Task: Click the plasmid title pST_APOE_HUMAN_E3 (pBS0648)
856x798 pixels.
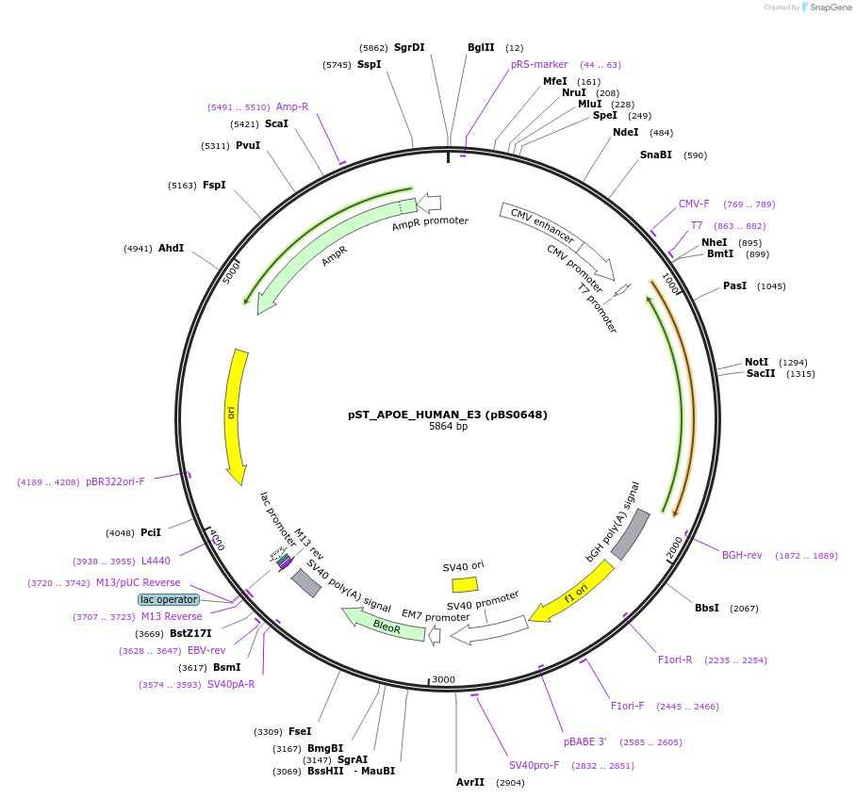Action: click(x=448, y=414)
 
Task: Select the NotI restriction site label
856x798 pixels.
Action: click(x=756, y=362)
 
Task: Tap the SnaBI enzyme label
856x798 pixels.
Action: click(x=655, y=155)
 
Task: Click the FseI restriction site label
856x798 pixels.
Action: click(x=300, y=731)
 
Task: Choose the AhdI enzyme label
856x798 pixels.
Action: click(x=171, y=249)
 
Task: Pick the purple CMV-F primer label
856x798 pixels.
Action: click(x=694, y=204)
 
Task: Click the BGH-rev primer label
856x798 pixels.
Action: click(x=742, y=555)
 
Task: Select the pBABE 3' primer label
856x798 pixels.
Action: click(x=584, y=741)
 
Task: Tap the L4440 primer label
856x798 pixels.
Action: click(x=156, y=561)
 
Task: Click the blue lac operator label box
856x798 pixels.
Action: click(x=169, y=599)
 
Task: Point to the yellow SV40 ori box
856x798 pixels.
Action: click(x=465, y=584)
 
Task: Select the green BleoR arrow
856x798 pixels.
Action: click(x=384, y=625)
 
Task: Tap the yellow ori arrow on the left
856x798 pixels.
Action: click(x=235, y=414)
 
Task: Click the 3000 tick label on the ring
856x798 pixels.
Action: click(x=443, y=679)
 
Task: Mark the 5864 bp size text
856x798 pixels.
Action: click(x=448, y=427)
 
